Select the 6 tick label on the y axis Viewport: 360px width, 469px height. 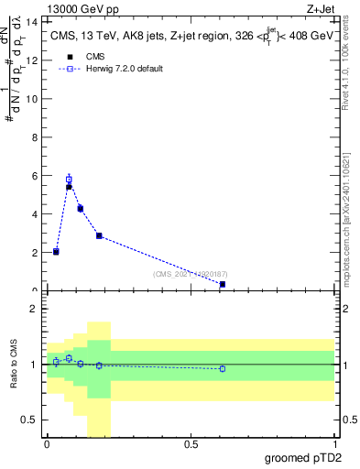click(x=35, y=175)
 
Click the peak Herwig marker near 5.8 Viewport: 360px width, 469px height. click(x=69, y=179)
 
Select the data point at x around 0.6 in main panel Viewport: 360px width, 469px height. click(x=222, y=284)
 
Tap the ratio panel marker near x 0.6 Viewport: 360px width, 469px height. click(x=222, y=368)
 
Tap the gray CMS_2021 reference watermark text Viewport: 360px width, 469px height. click(x=191, y=274)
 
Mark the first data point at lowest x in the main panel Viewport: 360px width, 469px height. click(x=56, y=251)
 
